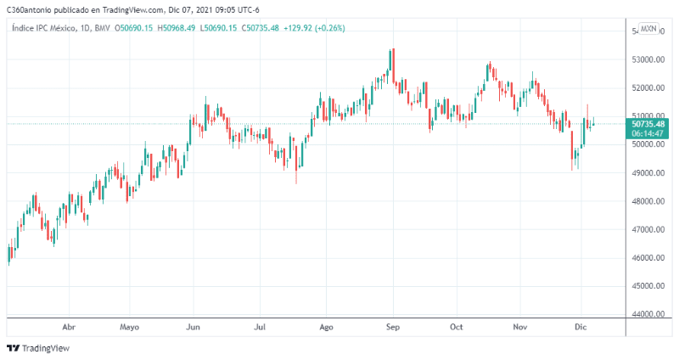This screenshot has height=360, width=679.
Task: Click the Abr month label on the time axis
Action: [70, 326]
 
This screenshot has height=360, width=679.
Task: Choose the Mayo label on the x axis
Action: [129, 326]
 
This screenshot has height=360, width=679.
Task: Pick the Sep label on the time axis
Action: [392, 326]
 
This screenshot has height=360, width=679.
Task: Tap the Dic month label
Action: [581, 326]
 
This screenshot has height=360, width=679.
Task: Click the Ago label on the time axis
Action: [325, 326]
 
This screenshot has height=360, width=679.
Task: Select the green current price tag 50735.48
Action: [648, 124]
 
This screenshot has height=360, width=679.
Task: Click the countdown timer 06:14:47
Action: [648, 134]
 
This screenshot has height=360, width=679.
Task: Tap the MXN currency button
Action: [648, 29]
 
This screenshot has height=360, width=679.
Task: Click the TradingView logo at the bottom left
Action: [38, 348]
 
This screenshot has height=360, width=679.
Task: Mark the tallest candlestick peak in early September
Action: [391, 50]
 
